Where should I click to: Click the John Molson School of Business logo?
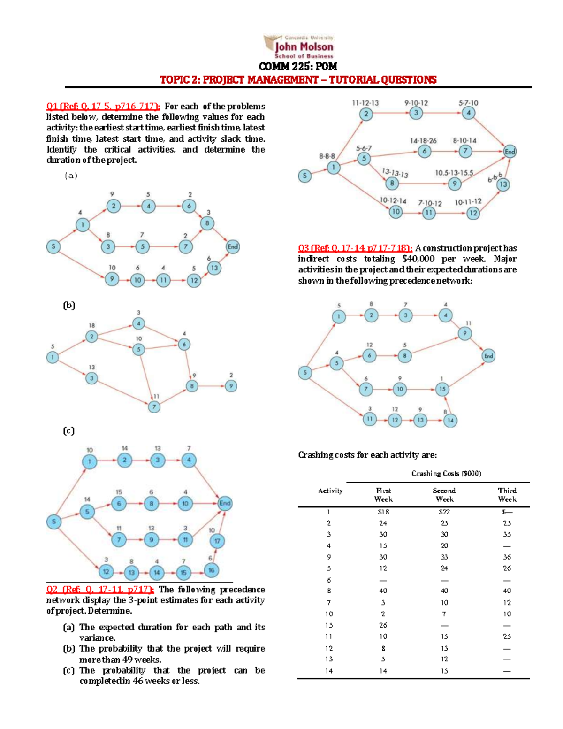click(x=299, y=47)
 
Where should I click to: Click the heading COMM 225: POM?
click(x=298, y=67)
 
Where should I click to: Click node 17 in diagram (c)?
click(x=217, y=541)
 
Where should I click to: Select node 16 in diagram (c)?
click(x=211, y=570)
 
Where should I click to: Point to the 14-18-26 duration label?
click(x=423, y=140)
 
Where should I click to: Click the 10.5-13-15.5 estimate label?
click(x=454, y=173)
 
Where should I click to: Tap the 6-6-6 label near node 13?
click(x=495, y=176)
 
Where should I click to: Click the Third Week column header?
click(x=507, y=495)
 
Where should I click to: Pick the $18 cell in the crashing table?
click(x=383, y=512)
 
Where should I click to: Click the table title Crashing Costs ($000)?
click(x=446, y=473)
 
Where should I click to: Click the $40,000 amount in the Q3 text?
click(x=418, y=259)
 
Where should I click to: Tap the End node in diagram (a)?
click(x=233, y=246)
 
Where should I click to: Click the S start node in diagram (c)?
click(x=54, y=522)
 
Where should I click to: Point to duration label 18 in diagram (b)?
click(x=91, y=325)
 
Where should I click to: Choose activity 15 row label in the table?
click(x=329, y=625)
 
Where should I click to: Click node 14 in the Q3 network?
click(x=450, y=420)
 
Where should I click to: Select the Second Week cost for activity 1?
click(x=444, y=512)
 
